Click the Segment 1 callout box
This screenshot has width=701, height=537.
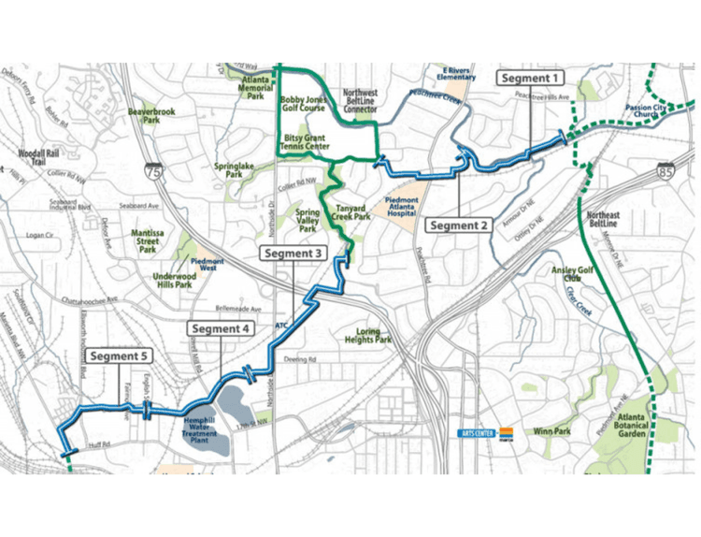tap(530, 78)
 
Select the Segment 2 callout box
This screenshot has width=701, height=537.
tap(459, 225)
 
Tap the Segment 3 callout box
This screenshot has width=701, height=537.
tap(293, 254)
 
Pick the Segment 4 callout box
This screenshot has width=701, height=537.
tap(220, 328)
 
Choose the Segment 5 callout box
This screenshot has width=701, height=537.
tap(121, 356)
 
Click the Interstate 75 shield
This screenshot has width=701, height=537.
tap(152, 170)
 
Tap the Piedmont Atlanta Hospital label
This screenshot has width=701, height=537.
tap(402, 206)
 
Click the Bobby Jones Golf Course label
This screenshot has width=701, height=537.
tap(303, 103)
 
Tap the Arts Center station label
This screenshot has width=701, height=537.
tap(477, 433)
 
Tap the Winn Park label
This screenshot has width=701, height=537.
tap(551, 432)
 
